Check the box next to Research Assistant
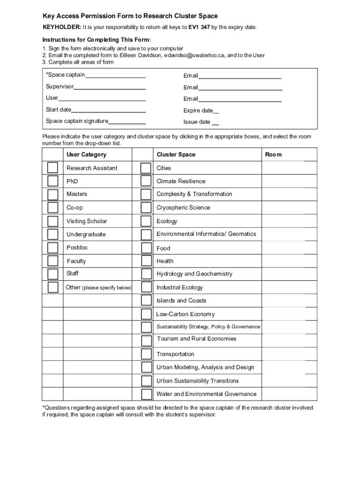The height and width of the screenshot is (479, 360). pos(53,168)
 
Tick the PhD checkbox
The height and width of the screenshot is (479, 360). pos(53,181)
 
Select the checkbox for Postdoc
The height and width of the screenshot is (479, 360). pos(53,247)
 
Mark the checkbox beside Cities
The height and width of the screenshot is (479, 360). pos(146,168)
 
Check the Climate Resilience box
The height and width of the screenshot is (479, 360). pos(146,181)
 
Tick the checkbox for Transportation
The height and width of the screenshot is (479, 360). pos(146,354)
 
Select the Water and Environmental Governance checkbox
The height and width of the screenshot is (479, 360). pos(146,394)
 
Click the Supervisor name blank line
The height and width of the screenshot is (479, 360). pos(110,87)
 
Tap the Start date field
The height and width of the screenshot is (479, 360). pos(108,110)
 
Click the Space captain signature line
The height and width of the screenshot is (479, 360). pos(127,122)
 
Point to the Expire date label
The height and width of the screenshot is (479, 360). pos(198,111)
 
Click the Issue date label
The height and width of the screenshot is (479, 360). pos(197,122)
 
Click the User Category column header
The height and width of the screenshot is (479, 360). pos(86,155)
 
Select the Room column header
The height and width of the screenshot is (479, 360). pos(274,155)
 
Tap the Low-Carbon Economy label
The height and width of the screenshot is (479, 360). pos(186,314)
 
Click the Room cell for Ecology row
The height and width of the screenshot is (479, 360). pos(289,221)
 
